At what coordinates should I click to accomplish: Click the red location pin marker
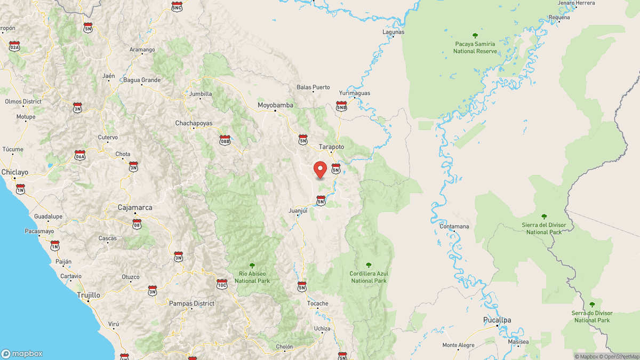[x=321, y=170]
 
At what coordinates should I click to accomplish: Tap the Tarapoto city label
[x=331, y=146]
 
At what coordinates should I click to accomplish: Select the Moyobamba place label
[x=275, y=105]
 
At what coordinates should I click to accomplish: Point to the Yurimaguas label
[x=354, y=93]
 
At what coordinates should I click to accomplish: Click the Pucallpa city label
[x=496, y=320]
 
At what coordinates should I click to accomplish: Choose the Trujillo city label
[x=88, y=294]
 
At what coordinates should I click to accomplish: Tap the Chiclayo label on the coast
[x=14, y=172]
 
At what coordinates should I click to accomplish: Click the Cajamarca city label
[x=135, y=207]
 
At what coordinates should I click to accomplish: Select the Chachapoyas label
[x=194, y=123]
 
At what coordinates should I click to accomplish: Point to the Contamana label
[x=454, y=226]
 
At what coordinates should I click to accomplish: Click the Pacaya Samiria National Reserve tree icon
[x=475, y=36]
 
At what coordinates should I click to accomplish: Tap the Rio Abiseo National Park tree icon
[x=252, y=265]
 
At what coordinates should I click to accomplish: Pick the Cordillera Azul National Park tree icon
[x=369, y=265]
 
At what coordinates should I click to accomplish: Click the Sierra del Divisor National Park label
[x=543, y=228]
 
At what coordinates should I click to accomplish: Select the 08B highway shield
[x=225, y=140]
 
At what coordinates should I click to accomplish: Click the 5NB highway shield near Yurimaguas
[x=341, y=106]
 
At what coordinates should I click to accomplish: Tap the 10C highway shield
[x=222, y=284]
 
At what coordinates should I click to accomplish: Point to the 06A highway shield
[x=80, y=155]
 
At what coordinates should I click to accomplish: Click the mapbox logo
[x=22, y=354]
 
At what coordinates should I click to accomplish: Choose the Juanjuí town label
[x=298, y=211]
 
